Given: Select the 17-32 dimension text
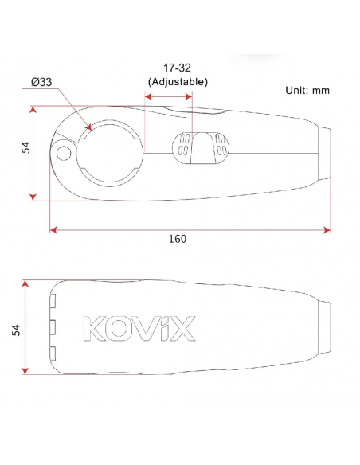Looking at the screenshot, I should click(178, 68).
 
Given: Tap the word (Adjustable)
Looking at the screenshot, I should click(178, 81).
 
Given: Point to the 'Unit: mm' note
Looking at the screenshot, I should click(307, 90).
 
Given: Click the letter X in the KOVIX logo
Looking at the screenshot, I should click(182, 329).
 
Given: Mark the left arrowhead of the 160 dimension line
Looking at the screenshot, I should click(53, 230).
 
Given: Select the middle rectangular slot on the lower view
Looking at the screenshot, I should click(53, 326).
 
